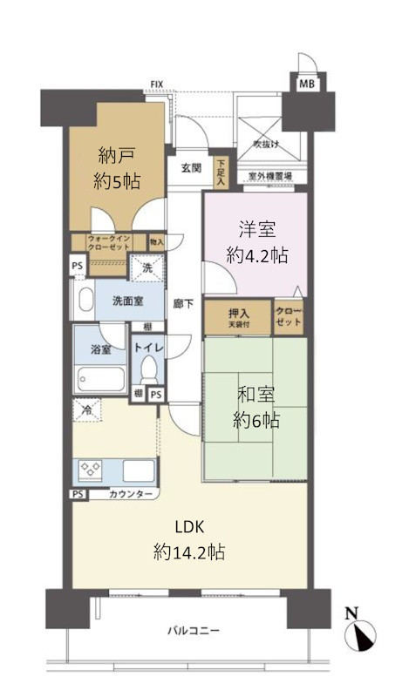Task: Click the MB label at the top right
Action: (x=307, y=84)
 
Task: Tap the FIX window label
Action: (x=157, y=85)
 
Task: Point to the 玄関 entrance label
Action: (x=191, y=168)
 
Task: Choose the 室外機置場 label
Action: (x=270, y=176)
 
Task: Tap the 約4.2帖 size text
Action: (x=257, y=256)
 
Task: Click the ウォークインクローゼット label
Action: (x=108, y=241)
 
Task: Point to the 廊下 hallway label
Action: (x=182, y=304)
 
